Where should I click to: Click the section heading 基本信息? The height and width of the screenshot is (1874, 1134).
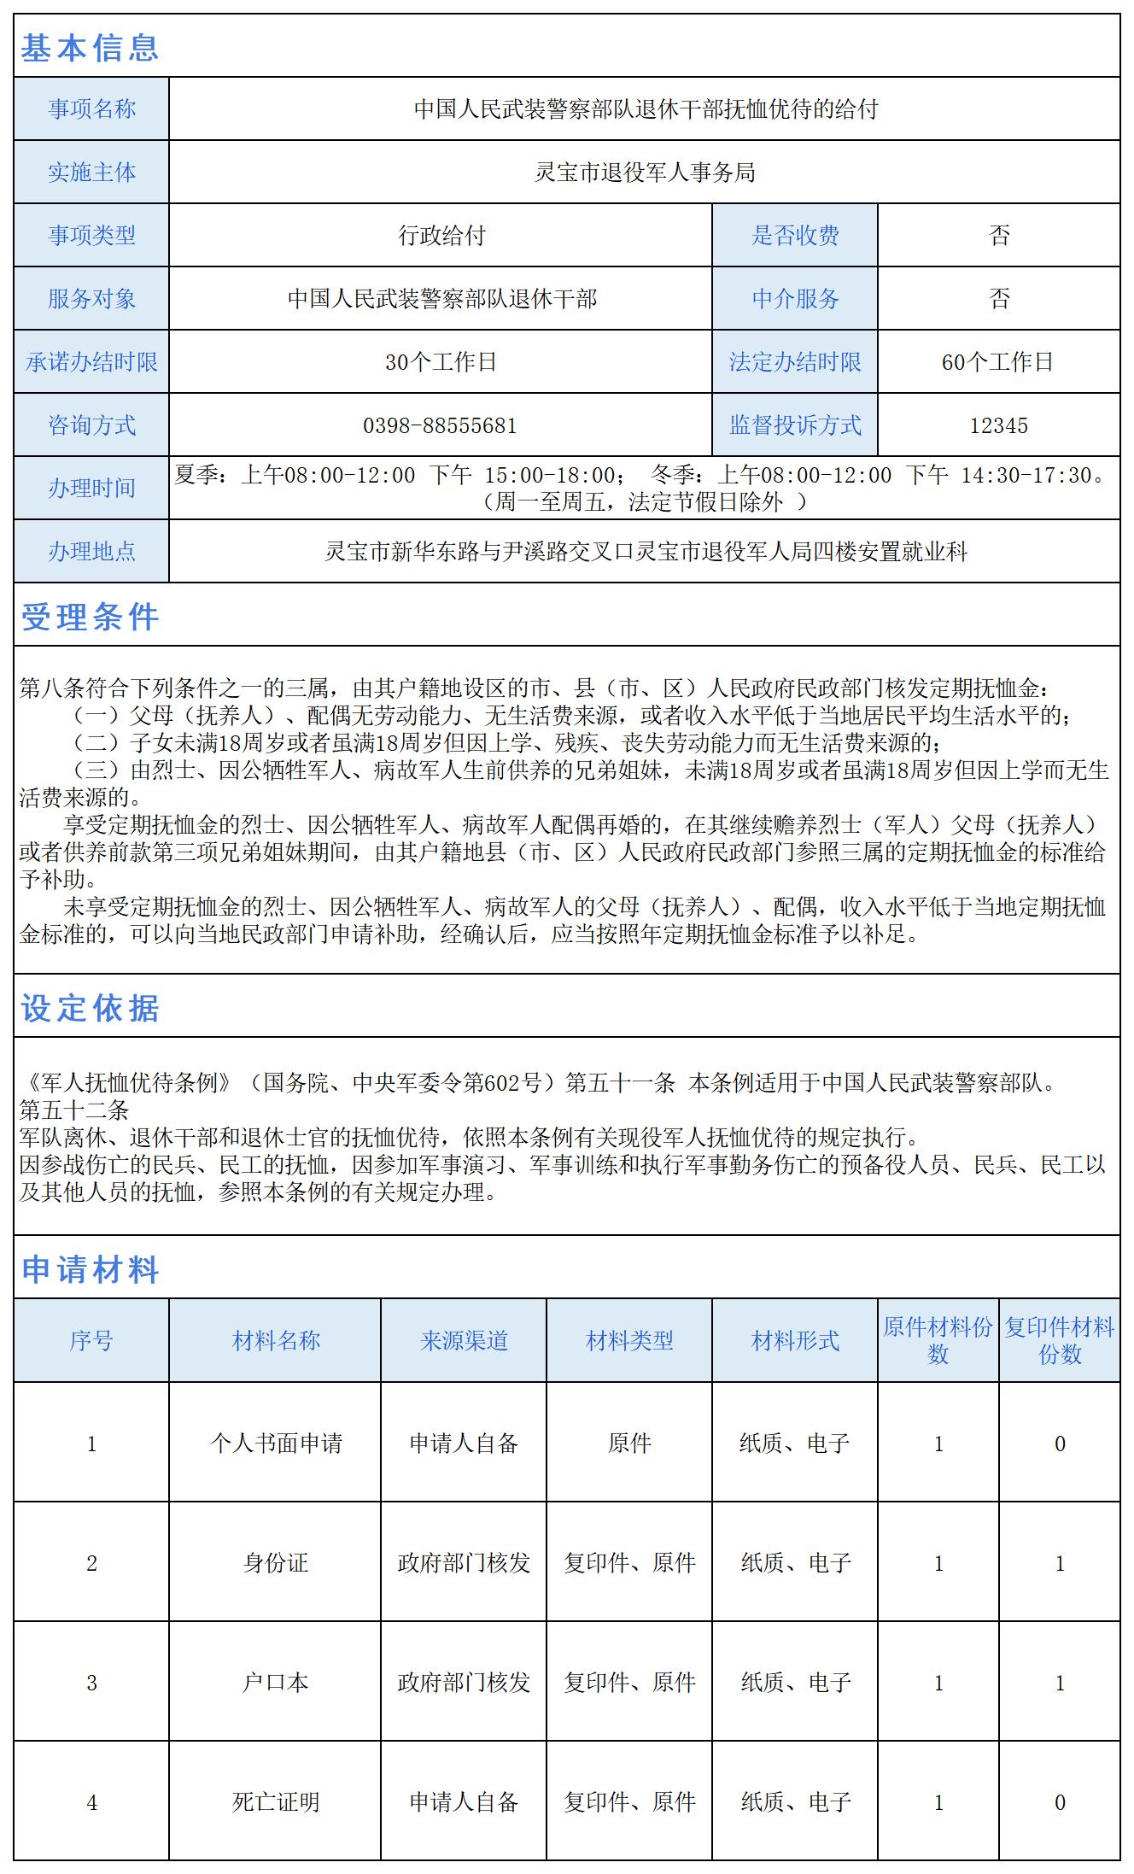click(x=90, y=48)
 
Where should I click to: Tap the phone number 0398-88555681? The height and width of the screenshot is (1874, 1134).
click(x=440, y=425)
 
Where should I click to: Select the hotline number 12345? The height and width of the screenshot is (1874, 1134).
click(x=998, y=425)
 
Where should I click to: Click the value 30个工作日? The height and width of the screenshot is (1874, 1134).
click(x=440, y=362)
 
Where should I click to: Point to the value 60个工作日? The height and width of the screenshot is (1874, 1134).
click(x=997, y=362)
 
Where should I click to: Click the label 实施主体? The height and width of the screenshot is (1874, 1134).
click(x=91, y=173)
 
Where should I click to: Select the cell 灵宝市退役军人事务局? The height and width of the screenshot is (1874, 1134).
click(x=644, y=173)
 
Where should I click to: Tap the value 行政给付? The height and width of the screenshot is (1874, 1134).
click(x=441, y=236)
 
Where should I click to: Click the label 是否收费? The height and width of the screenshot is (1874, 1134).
click(x=795, y=236)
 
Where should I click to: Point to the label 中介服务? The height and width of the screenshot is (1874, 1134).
click(x=795, y=299)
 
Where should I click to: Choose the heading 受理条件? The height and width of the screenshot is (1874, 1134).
click(x=90, y=617)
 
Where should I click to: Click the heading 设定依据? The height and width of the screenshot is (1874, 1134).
click(x=90, y=1008)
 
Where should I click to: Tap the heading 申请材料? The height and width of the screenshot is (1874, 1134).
click(x=90, y=1269)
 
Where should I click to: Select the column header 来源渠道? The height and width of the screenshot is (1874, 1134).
click(x=464, y=1340)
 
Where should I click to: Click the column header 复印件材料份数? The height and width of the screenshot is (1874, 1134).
click(x=1059, y=1340)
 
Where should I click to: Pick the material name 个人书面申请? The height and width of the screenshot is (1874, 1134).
click(x=275, y=1444)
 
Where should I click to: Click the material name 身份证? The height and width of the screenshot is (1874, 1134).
click(x=275, y=1563)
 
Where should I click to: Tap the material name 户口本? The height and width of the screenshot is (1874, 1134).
click(x=275, y=1683)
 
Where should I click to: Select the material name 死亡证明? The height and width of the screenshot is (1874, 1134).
click(x=275, y=1802)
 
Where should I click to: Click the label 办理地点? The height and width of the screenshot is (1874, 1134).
click(x=91, y=552)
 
